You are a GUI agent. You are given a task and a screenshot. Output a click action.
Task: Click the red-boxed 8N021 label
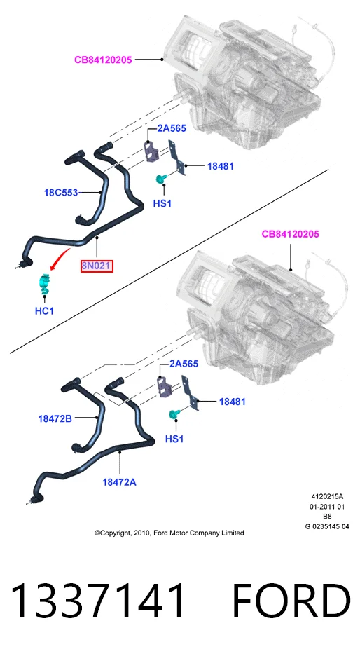(97, 266)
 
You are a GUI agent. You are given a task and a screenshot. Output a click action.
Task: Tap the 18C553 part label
(61, 193)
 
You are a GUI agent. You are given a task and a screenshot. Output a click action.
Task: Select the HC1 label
(44, 311)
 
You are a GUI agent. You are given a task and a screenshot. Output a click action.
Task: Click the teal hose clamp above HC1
(44, 283)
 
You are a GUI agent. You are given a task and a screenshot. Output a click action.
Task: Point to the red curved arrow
(59, 257)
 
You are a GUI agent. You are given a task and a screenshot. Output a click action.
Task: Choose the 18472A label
(119, 482)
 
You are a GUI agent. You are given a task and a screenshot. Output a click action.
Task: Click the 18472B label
(55, 418)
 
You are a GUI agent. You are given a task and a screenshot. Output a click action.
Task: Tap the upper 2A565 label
(172, 128)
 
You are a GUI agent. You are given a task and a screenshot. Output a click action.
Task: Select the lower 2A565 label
(184, 364)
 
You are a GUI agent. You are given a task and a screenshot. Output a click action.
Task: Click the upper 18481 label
(221, 166)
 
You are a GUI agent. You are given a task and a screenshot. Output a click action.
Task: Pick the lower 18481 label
(232, 402)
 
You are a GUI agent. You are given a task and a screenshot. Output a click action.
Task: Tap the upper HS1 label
(162, 204)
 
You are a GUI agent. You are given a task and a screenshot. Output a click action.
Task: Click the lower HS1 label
(174, 439)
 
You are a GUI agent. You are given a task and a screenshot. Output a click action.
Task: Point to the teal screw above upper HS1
(160, 179)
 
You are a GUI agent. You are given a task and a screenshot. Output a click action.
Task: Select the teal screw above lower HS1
(173, 414)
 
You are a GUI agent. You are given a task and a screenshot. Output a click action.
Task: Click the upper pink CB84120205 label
(103, 60)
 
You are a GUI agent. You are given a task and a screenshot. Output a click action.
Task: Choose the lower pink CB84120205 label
(290, 234)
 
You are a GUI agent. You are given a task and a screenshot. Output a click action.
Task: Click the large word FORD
(291, 601)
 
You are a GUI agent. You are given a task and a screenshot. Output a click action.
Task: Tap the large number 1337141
(97, 601)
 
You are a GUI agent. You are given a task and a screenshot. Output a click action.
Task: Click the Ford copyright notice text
(169, 533)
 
